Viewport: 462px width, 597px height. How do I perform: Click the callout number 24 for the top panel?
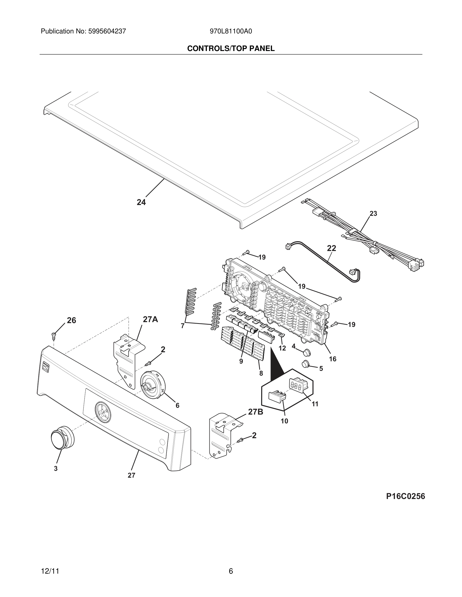(141, 202)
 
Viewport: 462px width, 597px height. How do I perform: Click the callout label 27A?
(150, 319)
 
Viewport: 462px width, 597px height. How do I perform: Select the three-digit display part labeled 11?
(298, 386)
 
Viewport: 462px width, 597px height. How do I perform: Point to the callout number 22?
(331, 248)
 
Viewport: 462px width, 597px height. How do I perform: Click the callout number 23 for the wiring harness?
(373, 214)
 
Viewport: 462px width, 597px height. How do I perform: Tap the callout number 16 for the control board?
(333, 359)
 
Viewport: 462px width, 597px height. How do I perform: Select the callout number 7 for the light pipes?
(182, 326)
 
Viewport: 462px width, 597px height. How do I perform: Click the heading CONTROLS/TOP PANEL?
(231, 49)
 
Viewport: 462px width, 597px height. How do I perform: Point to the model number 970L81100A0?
(231, 31)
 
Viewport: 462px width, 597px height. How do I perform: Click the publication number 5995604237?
(107, 31)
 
